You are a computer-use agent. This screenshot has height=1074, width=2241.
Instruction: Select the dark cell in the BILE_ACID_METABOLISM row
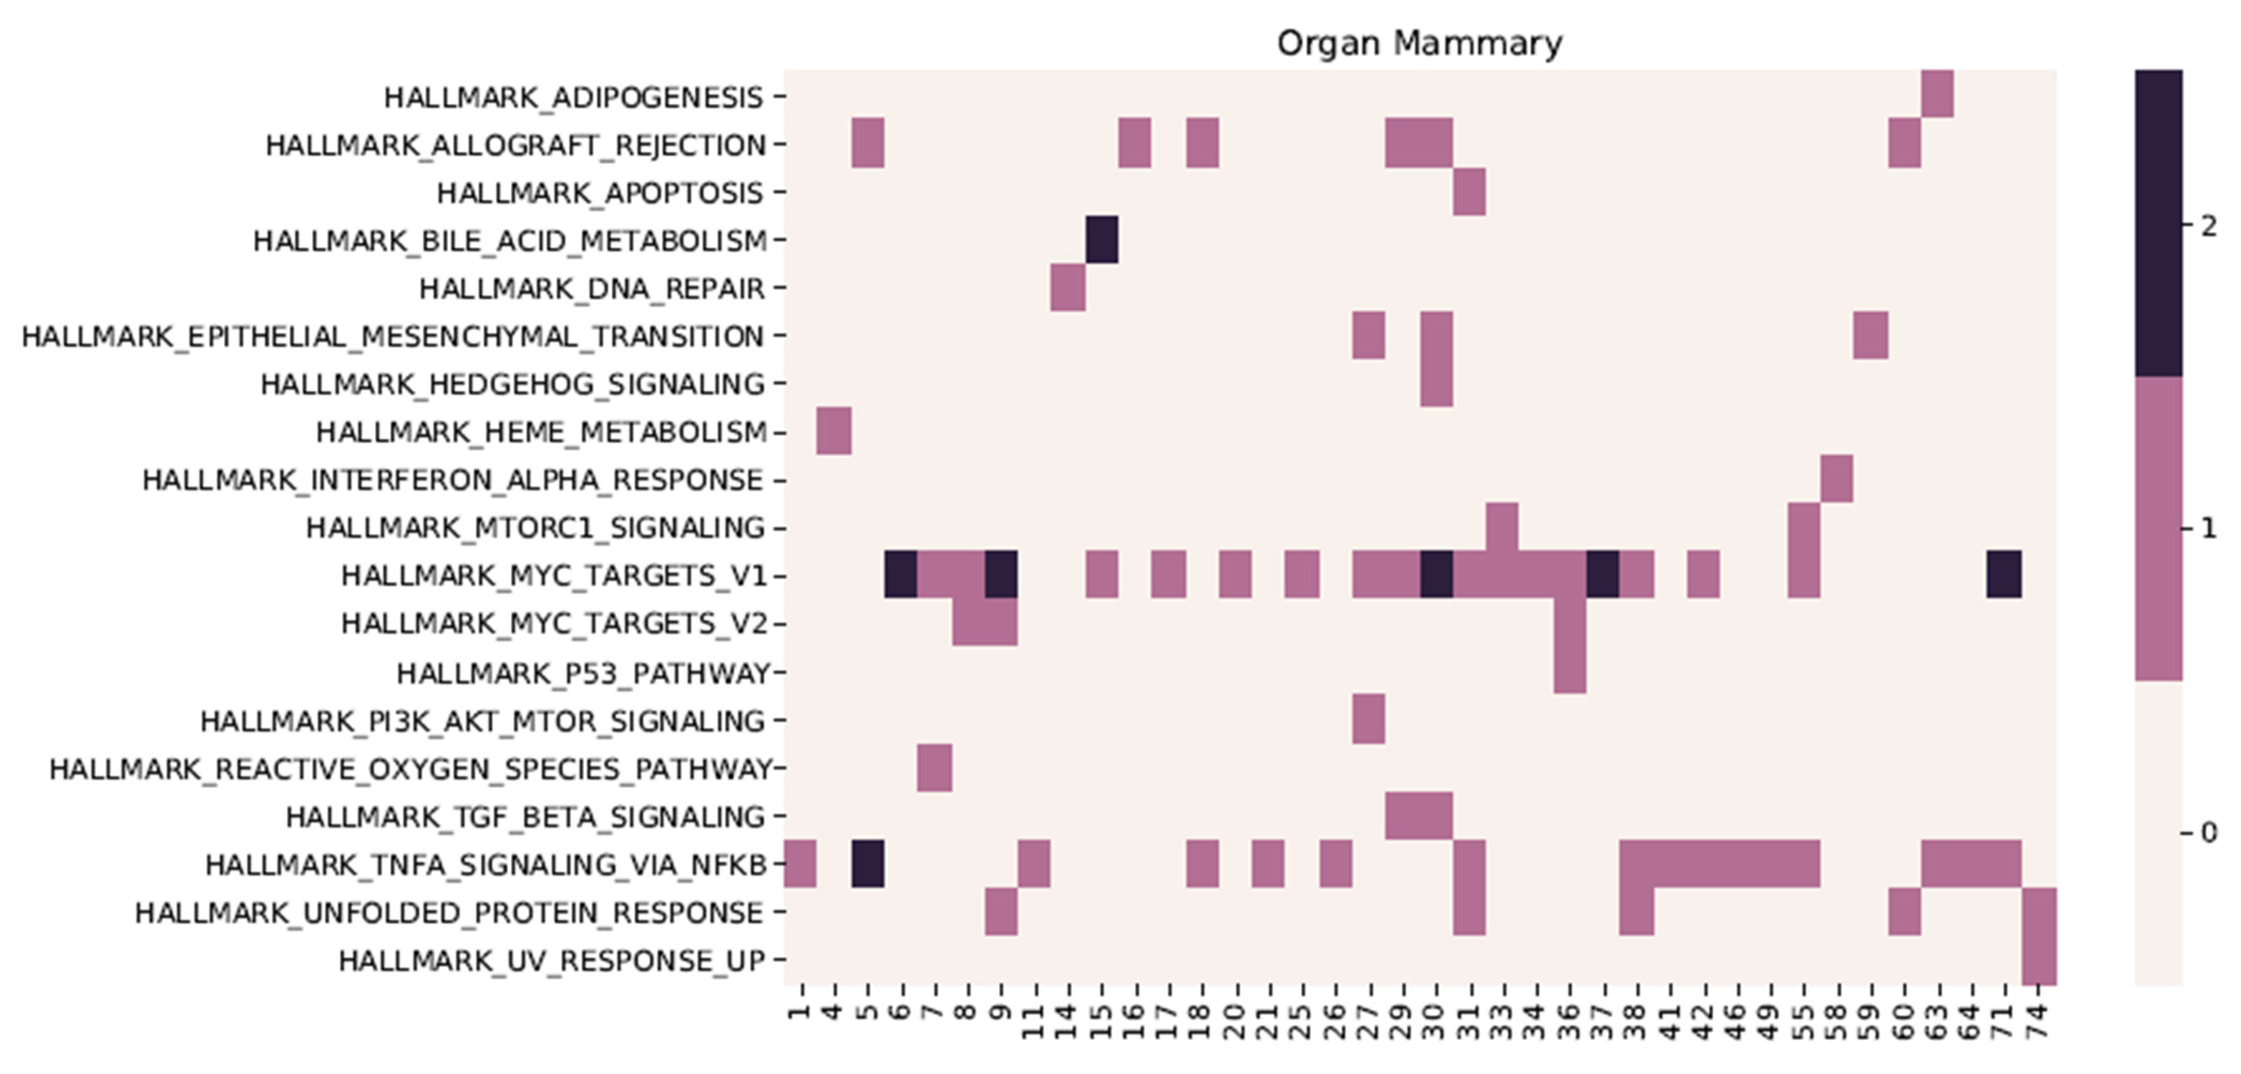click(1101, 239)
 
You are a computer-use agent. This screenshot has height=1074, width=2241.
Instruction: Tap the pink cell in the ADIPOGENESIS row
click(1938, 94)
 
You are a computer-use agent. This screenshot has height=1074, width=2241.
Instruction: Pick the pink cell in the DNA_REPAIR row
click(1067, 287)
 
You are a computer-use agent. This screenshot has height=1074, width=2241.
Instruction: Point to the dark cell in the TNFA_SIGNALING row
click(868, 864)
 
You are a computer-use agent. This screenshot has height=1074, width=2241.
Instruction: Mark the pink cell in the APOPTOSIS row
click(1469, 192)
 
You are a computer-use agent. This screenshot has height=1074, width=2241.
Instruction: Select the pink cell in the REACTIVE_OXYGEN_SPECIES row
click(935, 768)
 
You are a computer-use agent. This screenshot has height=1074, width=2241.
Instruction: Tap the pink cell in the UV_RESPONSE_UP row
click(2039, 960)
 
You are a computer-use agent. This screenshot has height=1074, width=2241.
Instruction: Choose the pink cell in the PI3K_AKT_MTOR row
click(1369, 720)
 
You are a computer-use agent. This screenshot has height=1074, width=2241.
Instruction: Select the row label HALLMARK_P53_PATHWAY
click(584, 673)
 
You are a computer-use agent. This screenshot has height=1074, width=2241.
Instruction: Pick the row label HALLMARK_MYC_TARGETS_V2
click(554, 624)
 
